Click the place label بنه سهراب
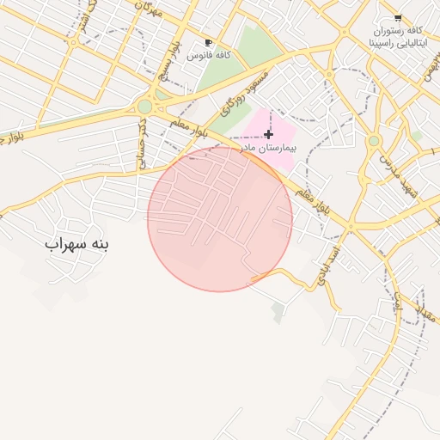[78, 244]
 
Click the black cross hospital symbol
[269, 134]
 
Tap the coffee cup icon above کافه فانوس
[208, 42]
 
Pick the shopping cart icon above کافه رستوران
[397, 17]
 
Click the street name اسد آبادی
[330, 262]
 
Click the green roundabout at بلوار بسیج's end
[144, 107]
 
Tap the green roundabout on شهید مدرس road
[374, 140]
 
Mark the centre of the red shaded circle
[220, 219]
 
